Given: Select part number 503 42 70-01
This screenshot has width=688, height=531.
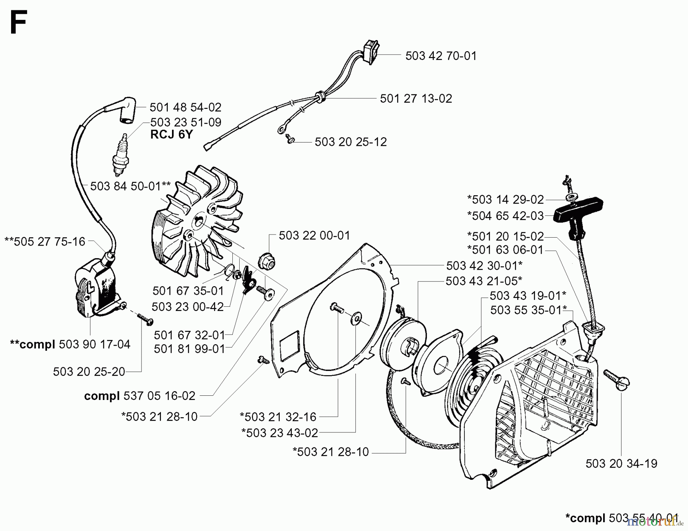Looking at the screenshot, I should click(x=441, y=56).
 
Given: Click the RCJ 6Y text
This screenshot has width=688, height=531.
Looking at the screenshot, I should click(x=171, y=134).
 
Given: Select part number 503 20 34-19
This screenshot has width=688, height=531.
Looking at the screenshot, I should click(x=621, y=463).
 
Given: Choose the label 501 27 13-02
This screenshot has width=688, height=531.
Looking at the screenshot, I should click(x=416, y=99).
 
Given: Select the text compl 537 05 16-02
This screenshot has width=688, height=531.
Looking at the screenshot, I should click(x=140, y=396).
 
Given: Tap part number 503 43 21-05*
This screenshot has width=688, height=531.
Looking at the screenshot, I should click(x=484, y=281).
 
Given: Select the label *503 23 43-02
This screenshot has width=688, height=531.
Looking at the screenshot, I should click(x=279, y=433).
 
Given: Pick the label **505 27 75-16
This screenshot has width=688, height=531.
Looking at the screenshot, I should click(x=45, y=241).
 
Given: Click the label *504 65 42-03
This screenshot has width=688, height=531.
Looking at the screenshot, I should click(x=505, y=216).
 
